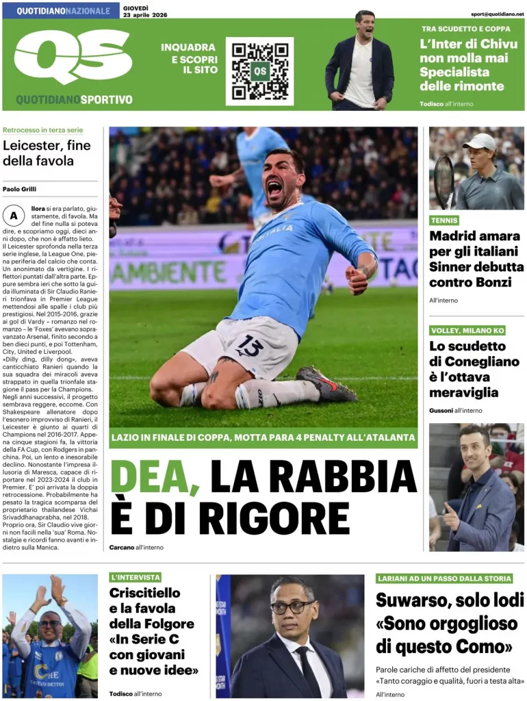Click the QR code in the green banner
(x=259, y=71)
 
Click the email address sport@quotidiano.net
(x=498, y=14)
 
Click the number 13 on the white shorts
(x=250, y=347)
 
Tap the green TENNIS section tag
(x=444, y=220)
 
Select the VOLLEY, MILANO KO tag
(x=467, y=331)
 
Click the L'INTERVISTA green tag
(x=135, y=577)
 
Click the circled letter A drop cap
(x=13, y=216)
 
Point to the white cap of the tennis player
(x=481, y=142)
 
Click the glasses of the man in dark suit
(x=292, y=607)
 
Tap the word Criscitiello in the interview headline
(x=144, y=593)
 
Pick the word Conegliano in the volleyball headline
(x=482, y=361)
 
